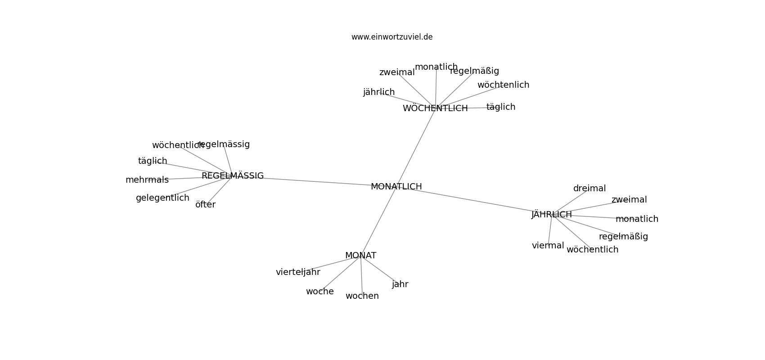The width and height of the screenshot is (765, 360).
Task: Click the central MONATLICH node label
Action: click(x=396, y=186)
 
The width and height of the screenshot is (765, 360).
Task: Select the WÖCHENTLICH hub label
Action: click(x=435, y=108)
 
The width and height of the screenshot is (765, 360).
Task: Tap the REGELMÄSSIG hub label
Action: click(x=233, y=175)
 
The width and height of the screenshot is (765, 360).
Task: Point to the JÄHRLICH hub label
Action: click(x=552, y=214)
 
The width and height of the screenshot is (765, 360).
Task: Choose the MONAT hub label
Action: click(x=360, y=256)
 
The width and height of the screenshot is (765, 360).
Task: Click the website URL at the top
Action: click(x=392, y=37)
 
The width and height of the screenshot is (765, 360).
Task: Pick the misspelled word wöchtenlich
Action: click(x=504, y=85)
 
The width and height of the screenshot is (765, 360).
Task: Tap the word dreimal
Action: click(x=589, y=188)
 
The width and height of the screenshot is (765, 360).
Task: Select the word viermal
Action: click(x=548, y=246)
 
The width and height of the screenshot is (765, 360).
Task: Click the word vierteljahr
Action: click(x=298, y=272)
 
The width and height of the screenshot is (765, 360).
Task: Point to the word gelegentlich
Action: click(x=162, y=198)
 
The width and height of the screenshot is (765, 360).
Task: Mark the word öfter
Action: click(x=205, y=204)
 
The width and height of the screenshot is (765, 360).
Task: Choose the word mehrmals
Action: click(x=147, y=180)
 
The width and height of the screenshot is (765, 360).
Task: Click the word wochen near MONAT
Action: click(x=362, y=296)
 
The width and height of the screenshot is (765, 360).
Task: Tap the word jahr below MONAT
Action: click(x=400, y=284)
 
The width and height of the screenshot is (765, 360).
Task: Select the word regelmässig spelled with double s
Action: click(x=224, y=144)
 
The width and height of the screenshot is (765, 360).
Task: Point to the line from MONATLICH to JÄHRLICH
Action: click(x=474, y=201)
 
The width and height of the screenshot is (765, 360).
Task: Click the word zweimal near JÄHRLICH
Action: click(x=629, y=199)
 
